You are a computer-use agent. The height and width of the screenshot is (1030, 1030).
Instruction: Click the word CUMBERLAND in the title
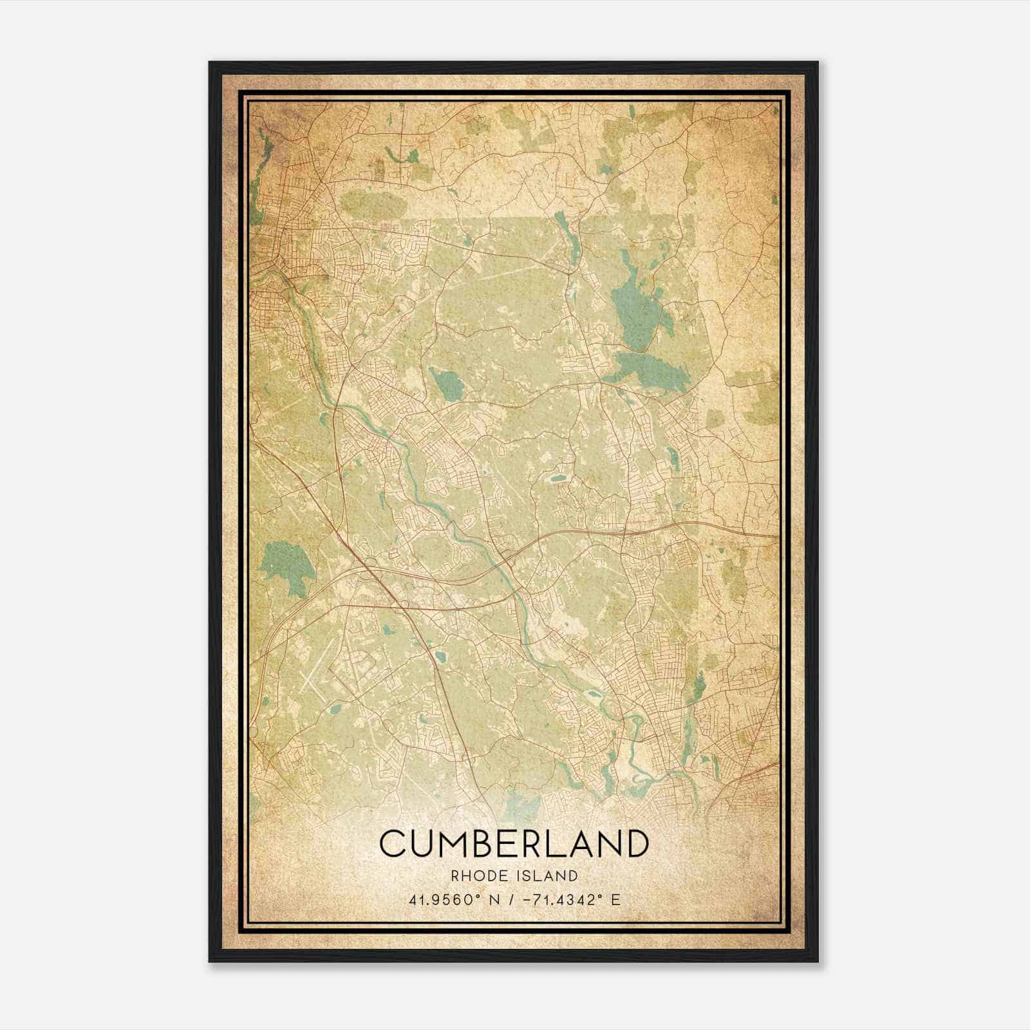(x=513, y=844)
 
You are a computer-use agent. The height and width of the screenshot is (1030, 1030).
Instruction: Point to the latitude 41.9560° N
(x=450, y=900)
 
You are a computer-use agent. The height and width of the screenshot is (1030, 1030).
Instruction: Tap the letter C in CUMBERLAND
(x=392, y=844)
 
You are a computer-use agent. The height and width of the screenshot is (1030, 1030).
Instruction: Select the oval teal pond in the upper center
(x=447, y=384)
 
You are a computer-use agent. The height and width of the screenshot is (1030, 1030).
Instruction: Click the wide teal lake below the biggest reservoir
(x=650, y=370)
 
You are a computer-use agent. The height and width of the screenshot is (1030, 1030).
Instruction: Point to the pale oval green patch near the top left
(x=373, y=204)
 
